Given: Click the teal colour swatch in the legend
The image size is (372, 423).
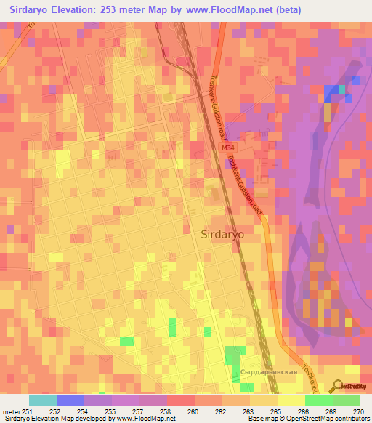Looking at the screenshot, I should tap(42, 400).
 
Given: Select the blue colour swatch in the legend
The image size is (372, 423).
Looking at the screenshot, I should tap(70, 400).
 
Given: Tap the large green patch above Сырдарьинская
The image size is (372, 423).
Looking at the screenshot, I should tap(233, 356).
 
